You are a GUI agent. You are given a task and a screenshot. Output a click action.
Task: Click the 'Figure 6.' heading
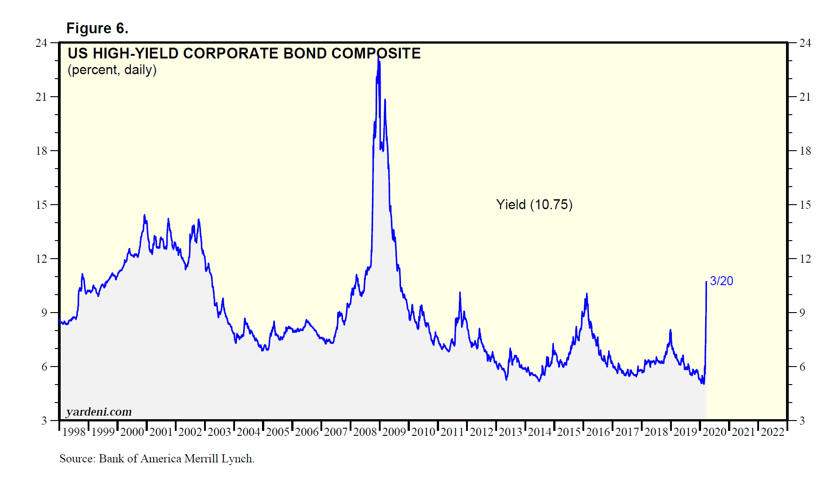point(97,28)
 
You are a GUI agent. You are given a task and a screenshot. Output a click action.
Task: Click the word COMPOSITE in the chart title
point(376,54)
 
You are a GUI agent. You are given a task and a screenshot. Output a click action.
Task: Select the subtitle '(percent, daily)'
point(112,70)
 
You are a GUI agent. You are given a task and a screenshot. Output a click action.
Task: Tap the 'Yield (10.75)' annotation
point(534,205)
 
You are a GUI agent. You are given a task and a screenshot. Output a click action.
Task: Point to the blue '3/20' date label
point(721,281)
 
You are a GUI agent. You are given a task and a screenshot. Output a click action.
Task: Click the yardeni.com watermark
point(99,412)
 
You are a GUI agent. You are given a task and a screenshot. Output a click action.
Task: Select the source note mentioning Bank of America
point(157,458)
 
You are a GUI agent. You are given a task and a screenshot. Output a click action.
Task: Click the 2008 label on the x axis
point(365,432)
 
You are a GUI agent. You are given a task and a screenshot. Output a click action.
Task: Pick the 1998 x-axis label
point(74,432)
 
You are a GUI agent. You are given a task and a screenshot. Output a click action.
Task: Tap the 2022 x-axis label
point(773,432)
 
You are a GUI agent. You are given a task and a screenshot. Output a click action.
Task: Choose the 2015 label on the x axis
point(569,432)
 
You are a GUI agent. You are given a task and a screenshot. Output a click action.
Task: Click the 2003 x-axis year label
point(219,432)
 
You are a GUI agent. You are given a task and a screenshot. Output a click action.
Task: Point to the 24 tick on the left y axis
point(41,43)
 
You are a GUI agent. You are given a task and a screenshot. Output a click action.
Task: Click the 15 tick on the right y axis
point(805,205)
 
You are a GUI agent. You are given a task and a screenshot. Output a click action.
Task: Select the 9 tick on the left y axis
point(44,313)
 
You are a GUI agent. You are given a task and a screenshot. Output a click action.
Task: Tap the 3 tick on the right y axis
point(802,421)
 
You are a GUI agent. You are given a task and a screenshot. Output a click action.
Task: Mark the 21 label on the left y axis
point(41,97)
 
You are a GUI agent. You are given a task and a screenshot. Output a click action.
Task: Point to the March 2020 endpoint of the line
point(706,282)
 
